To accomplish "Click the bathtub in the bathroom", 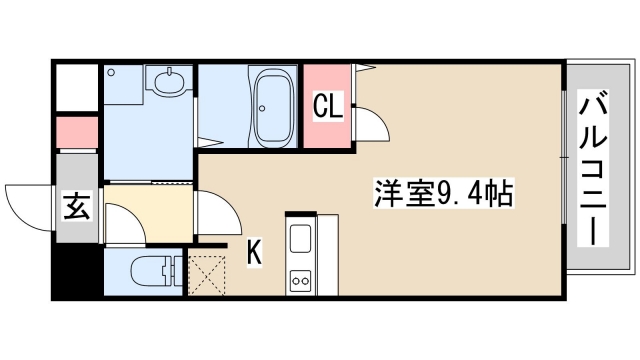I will click(272, 108).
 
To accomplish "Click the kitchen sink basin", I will click(301, 240).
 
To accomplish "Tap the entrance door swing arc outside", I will click(28, 205).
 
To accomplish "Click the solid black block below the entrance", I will click(76, 271).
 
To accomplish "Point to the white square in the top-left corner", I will click(76, 87).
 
